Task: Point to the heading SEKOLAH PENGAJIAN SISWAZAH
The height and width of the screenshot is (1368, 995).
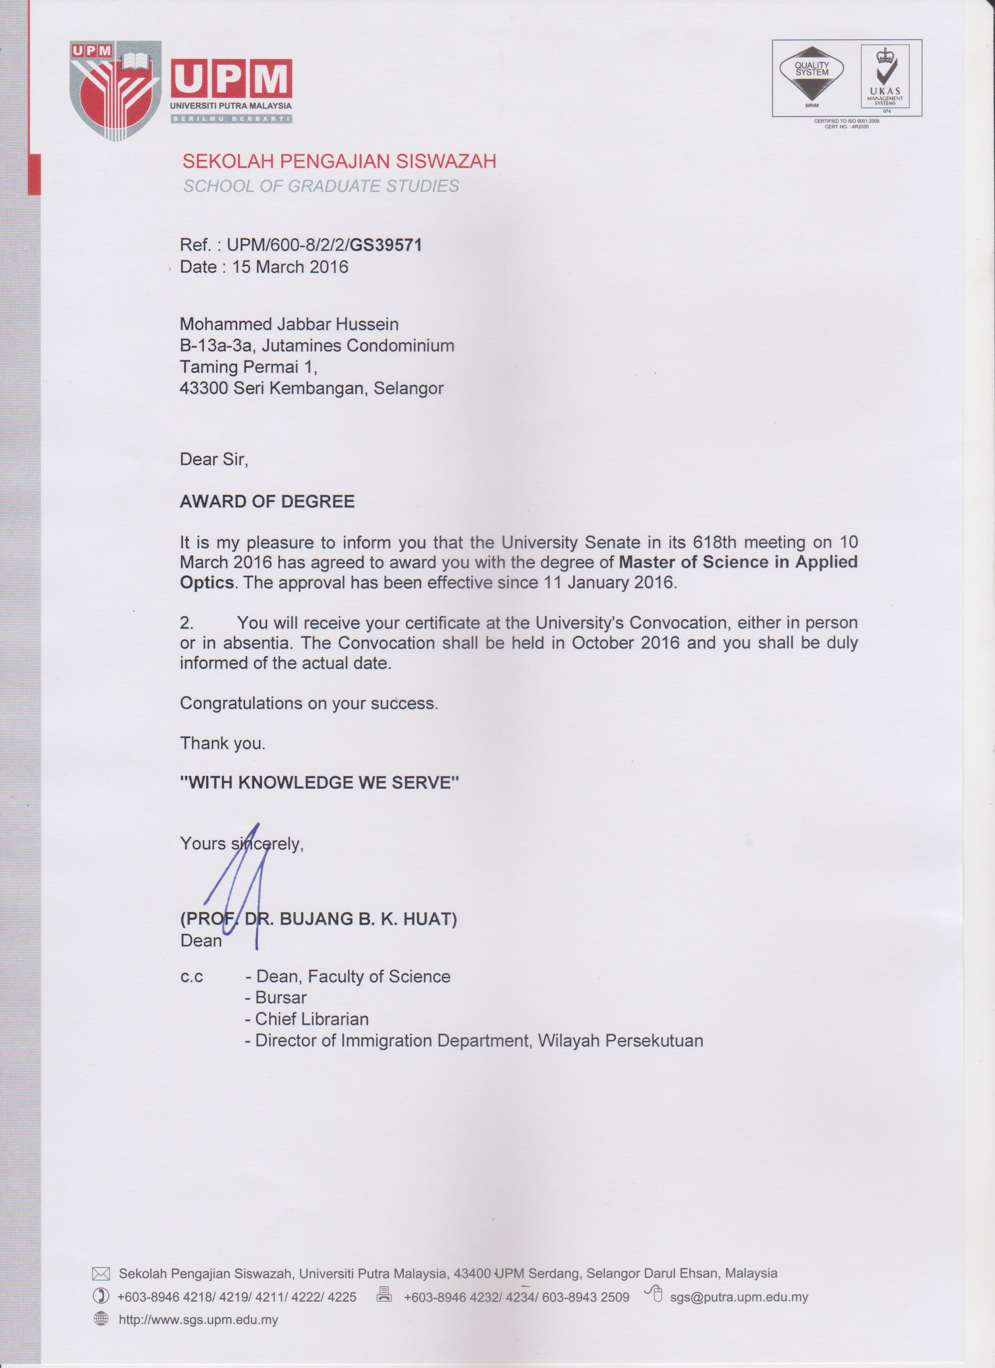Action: click(x=339, y=161)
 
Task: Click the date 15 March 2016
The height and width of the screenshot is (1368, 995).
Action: click(x=290, y=267)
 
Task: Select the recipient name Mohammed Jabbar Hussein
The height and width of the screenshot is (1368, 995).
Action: click(x=289, y=325)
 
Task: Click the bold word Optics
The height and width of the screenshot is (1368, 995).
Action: click(x=206, y=583)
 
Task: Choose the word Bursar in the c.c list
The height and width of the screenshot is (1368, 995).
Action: click(x=281, y=998)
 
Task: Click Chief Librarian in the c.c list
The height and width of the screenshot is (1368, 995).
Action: click(x=311, y=1019)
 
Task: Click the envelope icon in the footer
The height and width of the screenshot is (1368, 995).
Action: click(x=101, y=1274)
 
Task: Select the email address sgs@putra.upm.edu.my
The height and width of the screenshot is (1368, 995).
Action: click(x=739, y=1297)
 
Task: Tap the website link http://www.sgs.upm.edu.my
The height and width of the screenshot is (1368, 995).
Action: click(x=198, y=1320)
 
